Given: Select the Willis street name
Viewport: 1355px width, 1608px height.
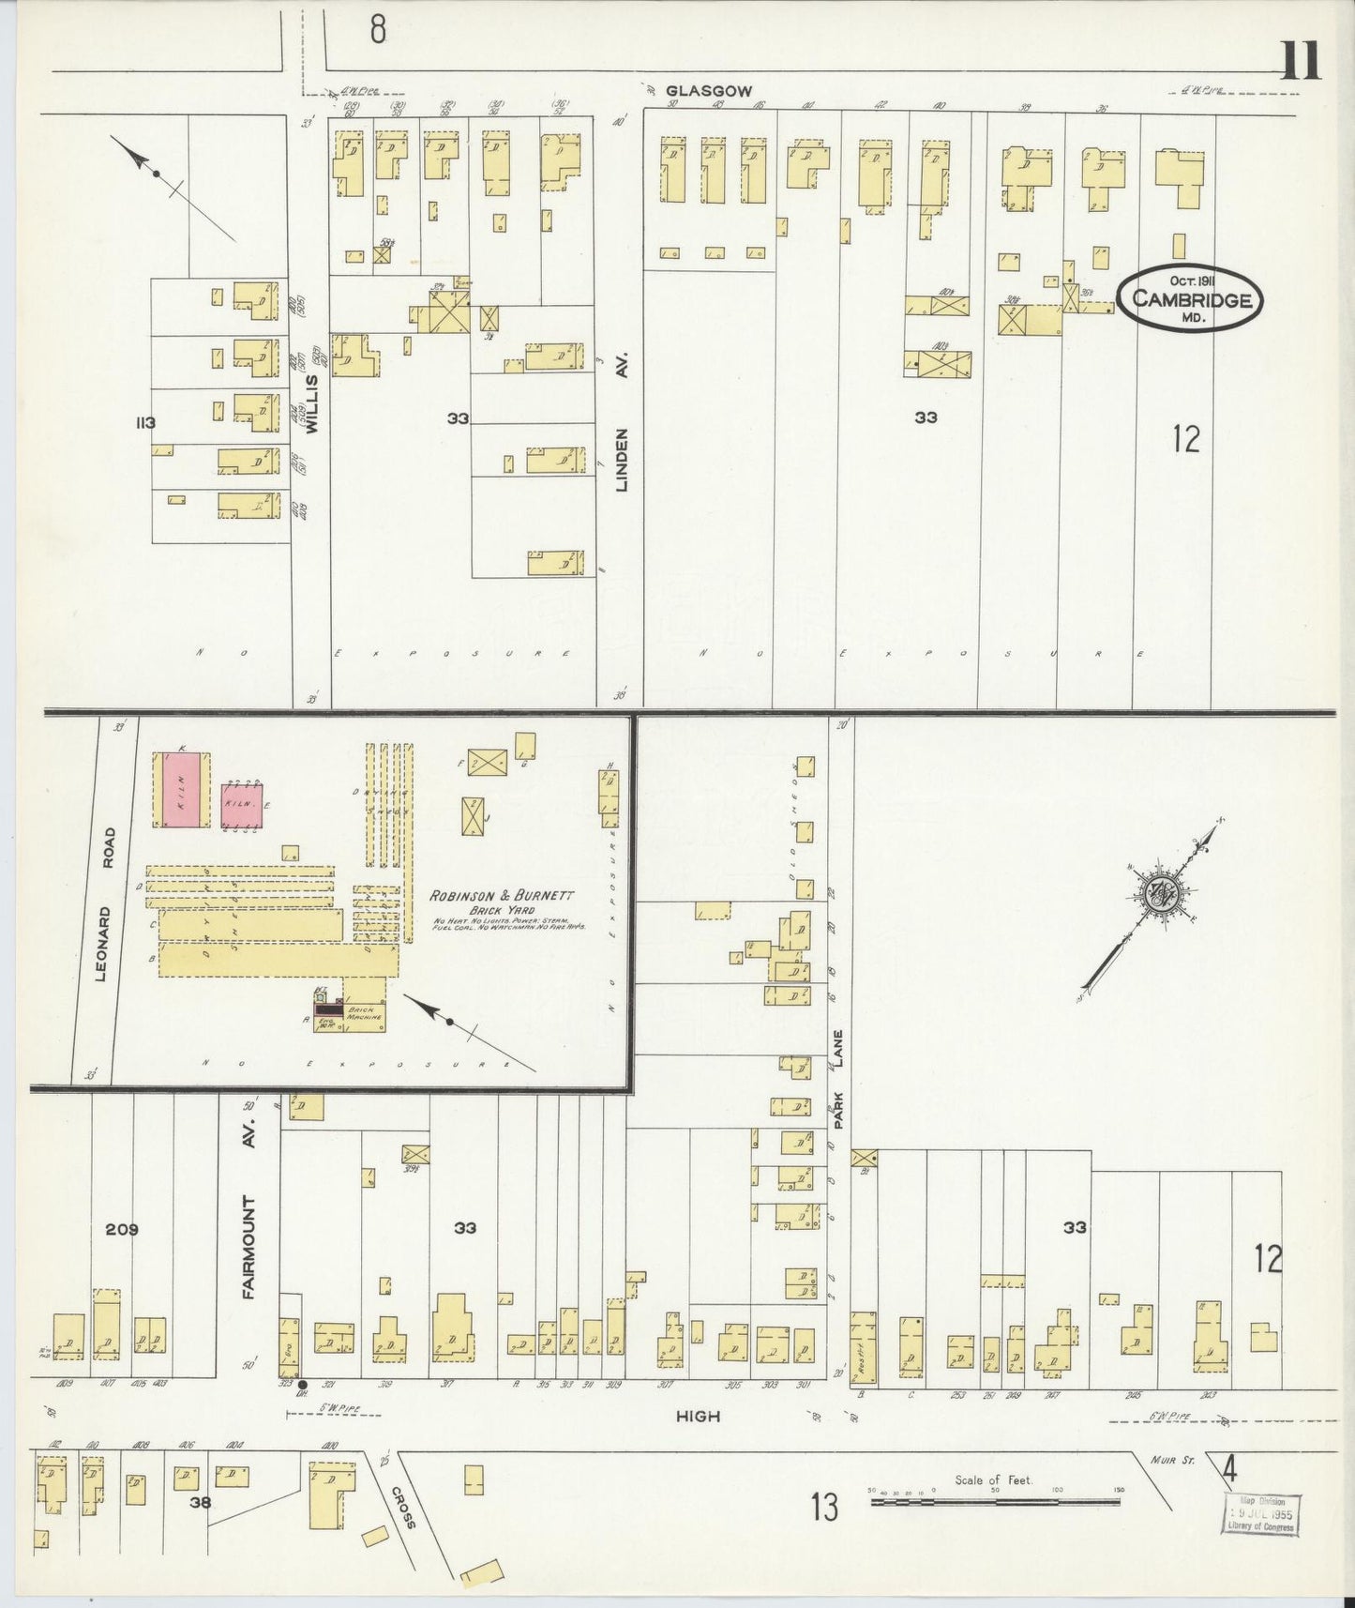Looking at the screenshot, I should tap(312, 404).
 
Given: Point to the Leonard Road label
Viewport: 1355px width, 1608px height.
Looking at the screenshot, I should tap(105, 903).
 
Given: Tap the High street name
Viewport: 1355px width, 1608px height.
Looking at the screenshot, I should tap(699, 1416).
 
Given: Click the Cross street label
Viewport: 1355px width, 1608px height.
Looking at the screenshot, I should tap(403, 1508).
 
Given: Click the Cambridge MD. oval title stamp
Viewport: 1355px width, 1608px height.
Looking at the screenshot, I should tap(1191, 298).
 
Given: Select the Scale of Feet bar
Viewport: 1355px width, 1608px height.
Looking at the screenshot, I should tap(996, 1501).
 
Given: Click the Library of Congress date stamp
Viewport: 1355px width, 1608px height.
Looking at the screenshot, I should tap(1260, 1513).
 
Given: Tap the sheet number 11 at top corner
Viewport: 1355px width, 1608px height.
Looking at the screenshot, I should tap(1300, 63).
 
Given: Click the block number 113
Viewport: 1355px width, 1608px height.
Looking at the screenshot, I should tap(144, 423).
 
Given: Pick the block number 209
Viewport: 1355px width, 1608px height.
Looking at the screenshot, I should tap(122, 1229).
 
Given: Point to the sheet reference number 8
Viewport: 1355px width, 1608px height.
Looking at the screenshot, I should tap(377, 30).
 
